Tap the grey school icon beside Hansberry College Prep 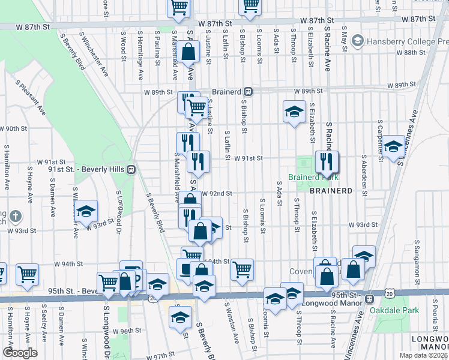pyautogui.click(x=358, y=41)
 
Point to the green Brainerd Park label pyautogui.click(x=313, y=177)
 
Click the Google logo pyautogui.click(x=20, y=353)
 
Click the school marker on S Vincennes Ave pyautogui.click(x=394, y=146)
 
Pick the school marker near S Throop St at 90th pyautogui.click(x=294, y=111)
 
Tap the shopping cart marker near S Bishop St pyautogui.click(x=242, y=270)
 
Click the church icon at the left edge pyautogui.click(x=16, y=216)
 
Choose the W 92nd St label pyautogui.click(x=217, y=194)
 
